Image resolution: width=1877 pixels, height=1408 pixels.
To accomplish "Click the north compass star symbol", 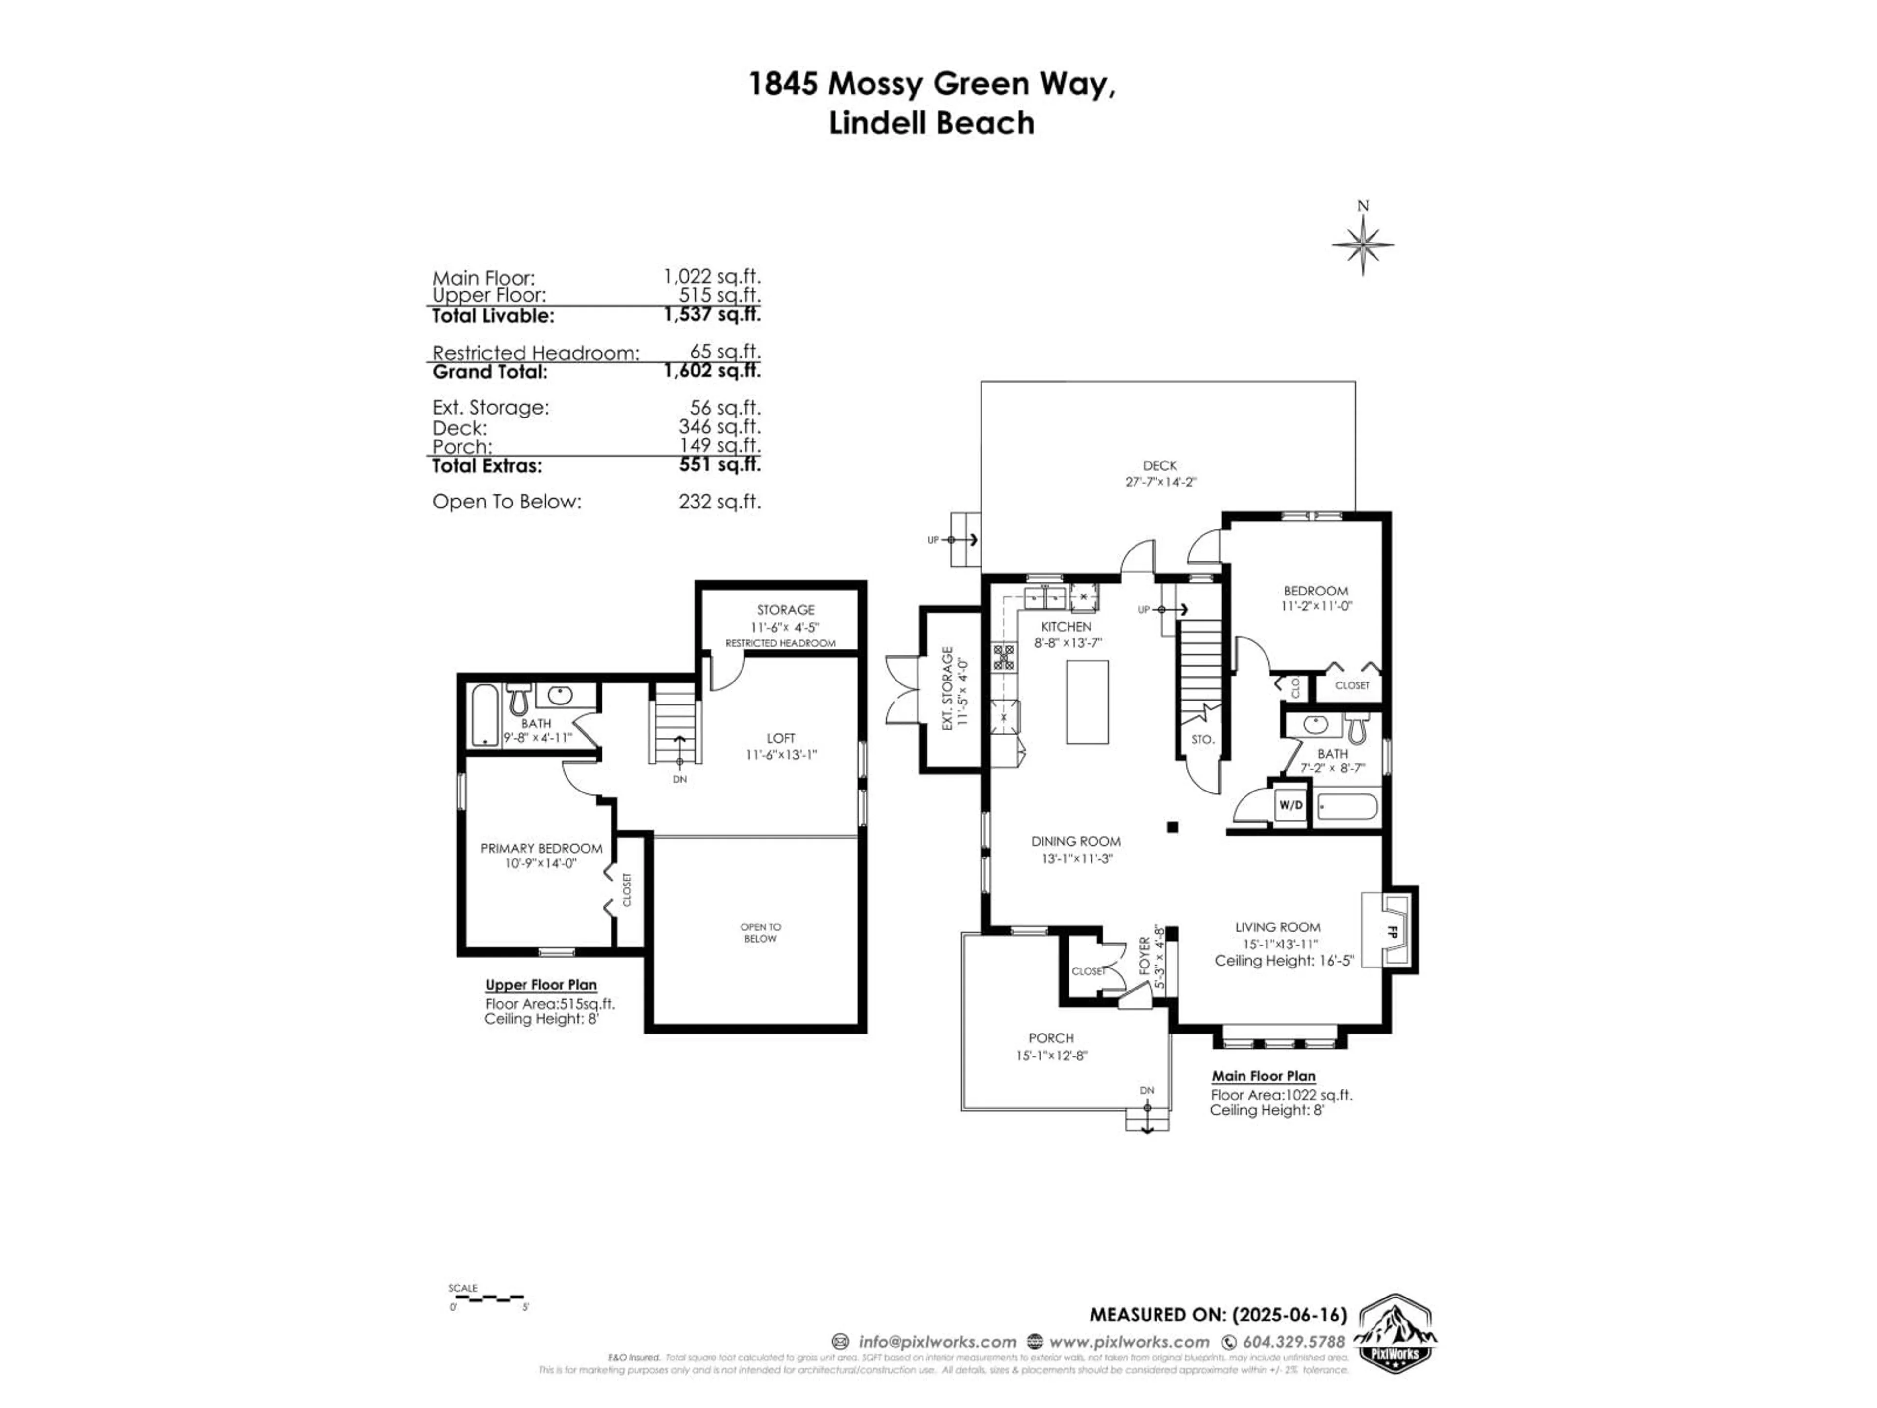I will (x=1363, y=246).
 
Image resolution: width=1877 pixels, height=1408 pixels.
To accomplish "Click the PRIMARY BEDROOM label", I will (x=542, y=848).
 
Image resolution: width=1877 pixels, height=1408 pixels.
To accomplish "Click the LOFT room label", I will (x=781, y=738).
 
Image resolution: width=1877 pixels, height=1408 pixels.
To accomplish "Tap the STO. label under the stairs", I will (x=1202, y=739).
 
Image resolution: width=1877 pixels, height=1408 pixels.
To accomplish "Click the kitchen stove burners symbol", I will (x=1004, y=658).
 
